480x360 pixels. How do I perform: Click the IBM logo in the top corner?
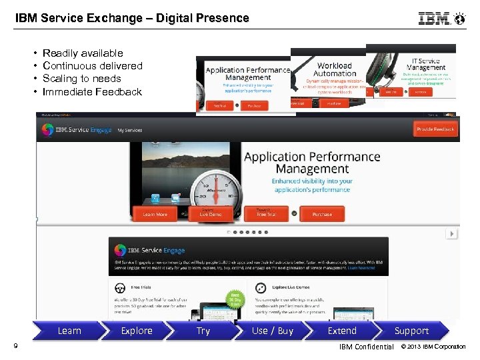[x=435, y=19]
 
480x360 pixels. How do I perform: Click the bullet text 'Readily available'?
[x=83, y=53]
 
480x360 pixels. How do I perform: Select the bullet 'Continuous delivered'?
[x=92, y=65]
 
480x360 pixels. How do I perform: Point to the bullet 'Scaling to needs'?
[x=81, y=79]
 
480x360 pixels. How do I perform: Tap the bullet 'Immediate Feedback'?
[x=92, y=92]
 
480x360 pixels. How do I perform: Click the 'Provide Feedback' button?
[x=435, y=129]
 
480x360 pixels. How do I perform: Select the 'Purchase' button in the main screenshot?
[x=322, y=214]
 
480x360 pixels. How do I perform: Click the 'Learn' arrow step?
[x=69, y=331]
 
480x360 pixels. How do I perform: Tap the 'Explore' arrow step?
[x=137, y=331]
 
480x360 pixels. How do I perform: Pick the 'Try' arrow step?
[x=203, y=331]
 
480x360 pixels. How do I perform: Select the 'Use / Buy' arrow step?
[x=273, y=331]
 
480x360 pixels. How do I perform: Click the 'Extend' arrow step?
[x=342, y=331]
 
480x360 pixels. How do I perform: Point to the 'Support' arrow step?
[x=411, y=331]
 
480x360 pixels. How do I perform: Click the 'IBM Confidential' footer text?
[x=366, y=347]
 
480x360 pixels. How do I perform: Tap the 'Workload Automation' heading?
[x=334, y=69]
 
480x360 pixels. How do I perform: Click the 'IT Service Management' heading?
[x=426, y=64]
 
